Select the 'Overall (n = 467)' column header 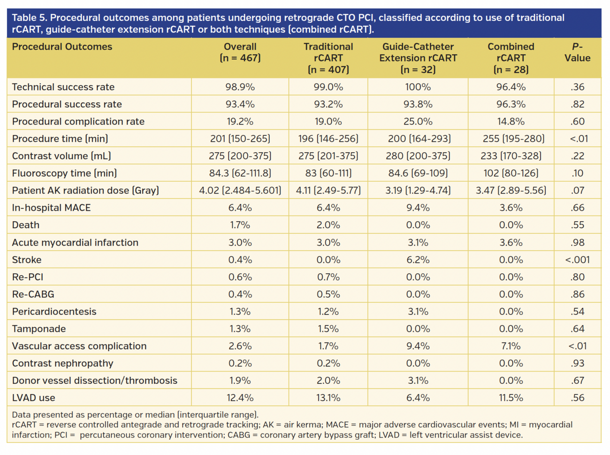(x=240, y=52)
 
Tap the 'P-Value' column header (x=577, y=52)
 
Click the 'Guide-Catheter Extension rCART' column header (x=418, y=58)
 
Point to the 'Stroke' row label (x=27, y=260)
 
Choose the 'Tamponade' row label (x=39, y=329)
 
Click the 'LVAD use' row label (x=34, y=398)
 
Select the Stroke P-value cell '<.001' (x=577, y=260)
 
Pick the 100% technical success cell (x=418, y=87)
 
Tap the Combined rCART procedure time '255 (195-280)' (x=511, y=139)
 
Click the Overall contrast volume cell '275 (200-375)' (x=240, y=156)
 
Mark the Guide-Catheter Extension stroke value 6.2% (x=418, y=260)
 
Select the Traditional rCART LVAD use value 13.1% (x=328, y=398)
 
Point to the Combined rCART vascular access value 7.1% (x=511, y=346)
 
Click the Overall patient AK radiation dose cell (x=240, y=191)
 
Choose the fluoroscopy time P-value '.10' (x=577, y=173)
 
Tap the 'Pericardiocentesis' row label (x=54, y=312)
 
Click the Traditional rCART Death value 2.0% (x=328, y=225)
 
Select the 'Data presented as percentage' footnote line (x=135, y=415)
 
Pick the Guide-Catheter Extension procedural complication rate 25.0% (x=418, y=122)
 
